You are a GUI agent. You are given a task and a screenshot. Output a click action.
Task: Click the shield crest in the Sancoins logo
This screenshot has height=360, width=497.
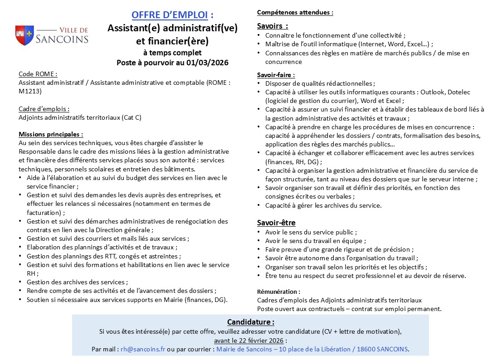[x=24, y=35]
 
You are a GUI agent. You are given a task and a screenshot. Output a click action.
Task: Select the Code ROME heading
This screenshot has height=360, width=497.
[x=38, y=74]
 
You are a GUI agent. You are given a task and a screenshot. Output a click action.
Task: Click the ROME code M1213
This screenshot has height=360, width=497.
[x=30, y=91]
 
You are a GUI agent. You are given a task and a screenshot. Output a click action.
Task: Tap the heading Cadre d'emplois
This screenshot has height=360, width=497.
[x=44, y=109]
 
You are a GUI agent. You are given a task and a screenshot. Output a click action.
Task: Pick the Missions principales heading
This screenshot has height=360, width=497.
[x=51, y=135]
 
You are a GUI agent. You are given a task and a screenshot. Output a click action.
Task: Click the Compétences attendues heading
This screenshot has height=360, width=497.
[x=295, y=13]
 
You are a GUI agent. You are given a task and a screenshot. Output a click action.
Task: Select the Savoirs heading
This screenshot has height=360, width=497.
[x=272, y=25]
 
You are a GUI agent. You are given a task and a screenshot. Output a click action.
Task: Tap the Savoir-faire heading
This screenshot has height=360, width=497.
[x=276, y=75]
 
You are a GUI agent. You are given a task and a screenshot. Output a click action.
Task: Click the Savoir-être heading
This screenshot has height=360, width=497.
[x=276, y=223]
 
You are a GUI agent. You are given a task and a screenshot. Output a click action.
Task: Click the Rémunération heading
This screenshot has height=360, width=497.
[x=278, y=292]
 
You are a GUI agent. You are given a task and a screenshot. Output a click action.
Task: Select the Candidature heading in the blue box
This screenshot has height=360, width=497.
[x=250, y=322]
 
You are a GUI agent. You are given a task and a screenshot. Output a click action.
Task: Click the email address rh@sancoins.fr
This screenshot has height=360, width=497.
[x=143, y=349]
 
